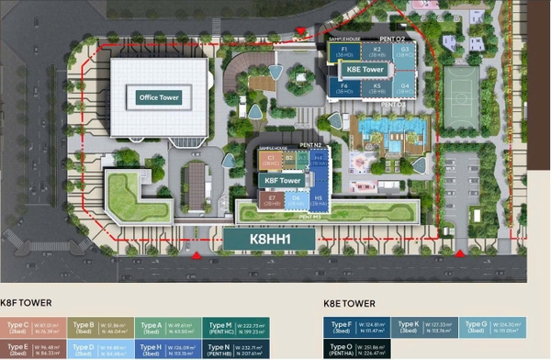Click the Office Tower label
click(159, 97)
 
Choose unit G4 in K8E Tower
click(405, 88)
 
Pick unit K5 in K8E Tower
click(376, 88)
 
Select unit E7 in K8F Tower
click(272, 199)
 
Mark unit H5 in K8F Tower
click(318, 199)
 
